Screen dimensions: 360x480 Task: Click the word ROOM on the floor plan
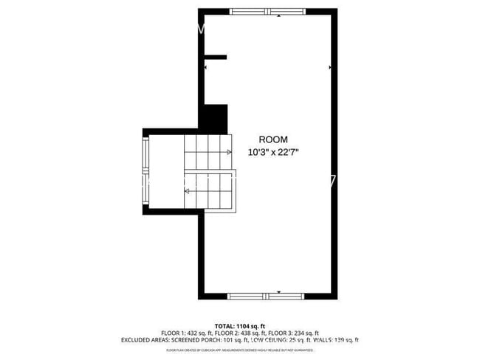pyautogui.click(x=273, y=139)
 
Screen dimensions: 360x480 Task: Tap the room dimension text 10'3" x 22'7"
pyautogui.click(x=273, y=153)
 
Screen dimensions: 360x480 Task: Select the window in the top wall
pyautogui.click(x=267, y=12)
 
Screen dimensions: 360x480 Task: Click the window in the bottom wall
pyautogui.click(x=265, y=296)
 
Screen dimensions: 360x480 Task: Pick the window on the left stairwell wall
pyautogui.click(x=145, y=170)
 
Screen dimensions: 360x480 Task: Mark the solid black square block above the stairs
pyautogui.click(x=215, y=117)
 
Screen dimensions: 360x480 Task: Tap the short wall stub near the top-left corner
pyautogui.click(x=215, y=57)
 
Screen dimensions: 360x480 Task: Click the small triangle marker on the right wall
pyautogui.click(x=329, y=67)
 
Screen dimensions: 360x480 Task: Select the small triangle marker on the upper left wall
pyautogui.click(x=206, y=68)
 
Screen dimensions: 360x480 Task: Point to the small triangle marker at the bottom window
pyautogui.click(x=279, y=292)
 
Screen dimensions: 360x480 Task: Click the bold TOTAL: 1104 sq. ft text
pyautogui.click(x=239, y=325)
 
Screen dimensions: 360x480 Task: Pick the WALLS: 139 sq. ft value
pyautogui.click(x=335, y=341)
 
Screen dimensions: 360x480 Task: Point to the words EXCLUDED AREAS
pyautogui.click(x=145, y=341)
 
